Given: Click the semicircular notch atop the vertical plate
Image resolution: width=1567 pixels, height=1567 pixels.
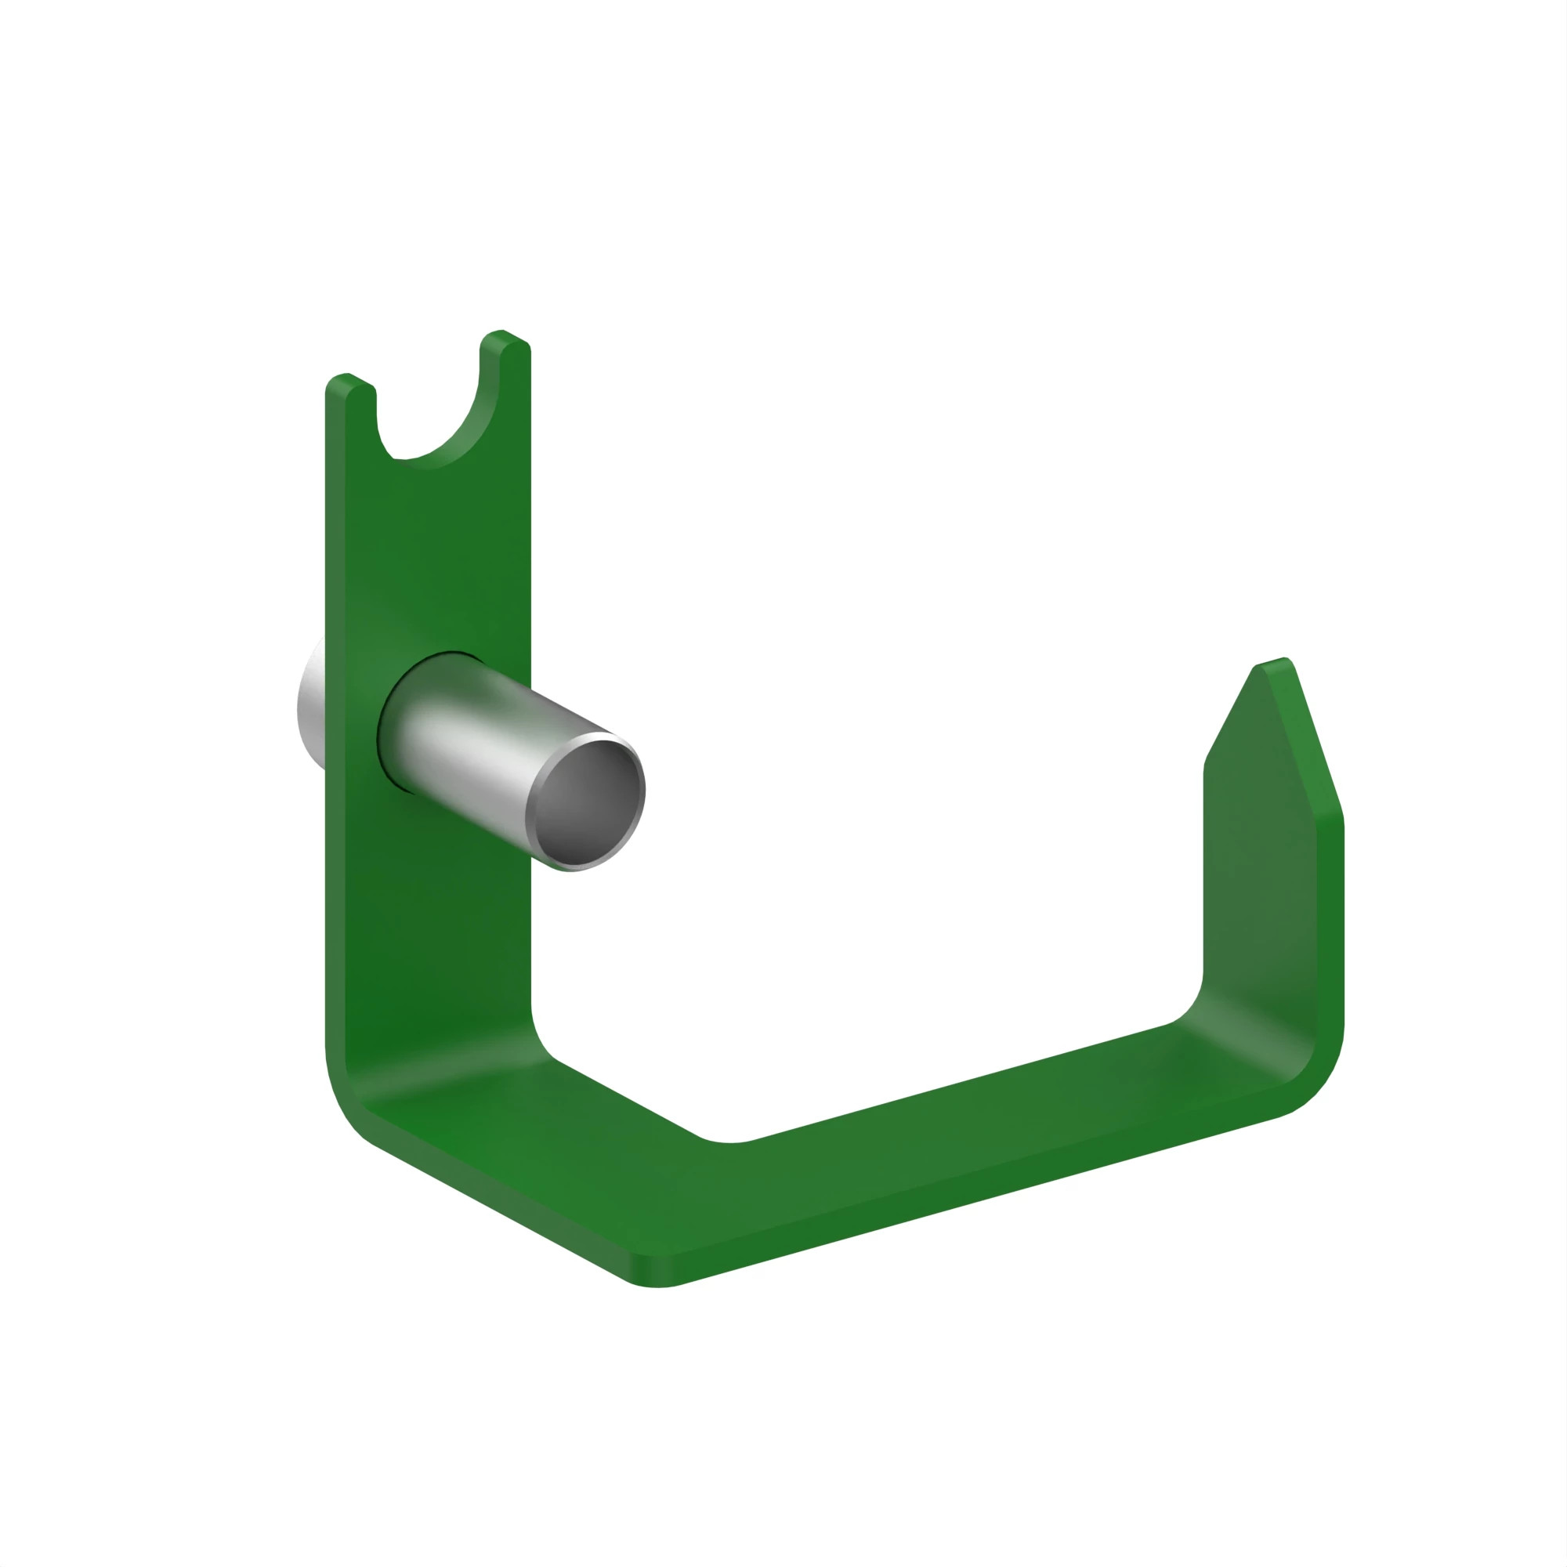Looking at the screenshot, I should tap(428, 422).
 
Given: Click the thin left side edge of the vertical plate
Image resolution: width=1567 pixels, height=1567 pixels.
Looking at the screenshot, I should tap(335, 730).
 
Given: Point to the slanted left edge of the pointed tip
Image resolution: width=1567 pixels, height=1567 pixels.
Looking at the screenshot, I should tap(1229, 714).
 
